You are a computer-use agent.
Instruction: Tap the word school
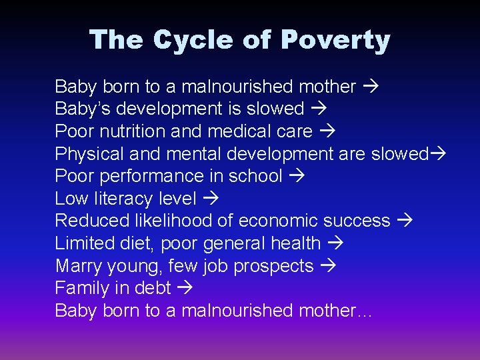coord(255,176)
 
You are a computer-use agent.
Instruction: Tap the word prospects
coord(273,266)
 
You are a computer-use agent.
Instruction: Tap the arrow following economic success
coord(406,221)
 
